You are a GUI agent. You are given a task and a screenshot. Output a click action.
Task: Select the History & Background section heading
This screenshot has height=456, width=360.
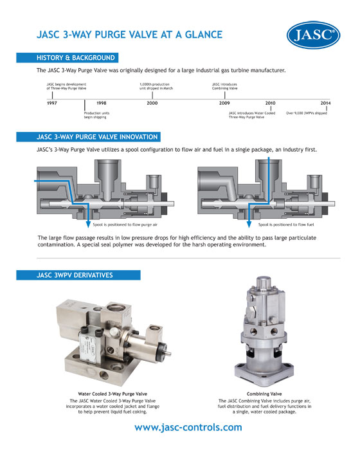pyautogui.click(x=76, y=58)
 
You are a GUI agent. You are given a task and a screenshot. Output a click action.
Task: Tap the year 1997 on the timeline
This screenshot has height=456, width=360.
pyautogui.click(x=53, y=103)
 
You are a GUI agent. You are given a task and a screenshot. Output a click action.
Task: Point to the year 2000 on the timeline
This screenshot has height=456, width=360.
pyautogui.click(x=152, y=103)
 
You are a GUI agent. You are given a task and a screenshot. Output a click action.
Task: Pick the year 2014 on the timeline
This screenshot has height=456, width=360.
pyautogui.click(x=326, y=103)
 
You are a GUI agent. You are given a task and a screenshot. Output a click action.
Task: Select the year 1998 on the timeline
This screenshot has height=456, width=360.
pyautogui.click(x=101, y=103)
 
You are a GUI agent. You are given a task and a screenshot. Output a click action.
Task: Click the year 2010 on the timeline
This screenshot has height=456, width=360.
pyautogui.click(x=271, y=103)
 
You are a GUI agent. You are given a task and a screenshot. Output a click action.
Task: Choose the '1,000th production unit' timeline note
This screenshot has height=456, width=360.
pyautogui.click(x=154, y=87)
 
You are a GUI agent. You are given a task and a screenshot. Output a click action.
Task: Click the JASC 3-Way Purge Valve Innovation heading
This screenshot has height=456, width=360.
pyautogui.click(x=96, y=136)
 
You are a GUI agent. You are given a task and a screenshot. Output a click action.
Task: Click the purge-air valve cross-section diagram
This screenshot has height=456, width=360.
pyautogui.click(x=103, y=190)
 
